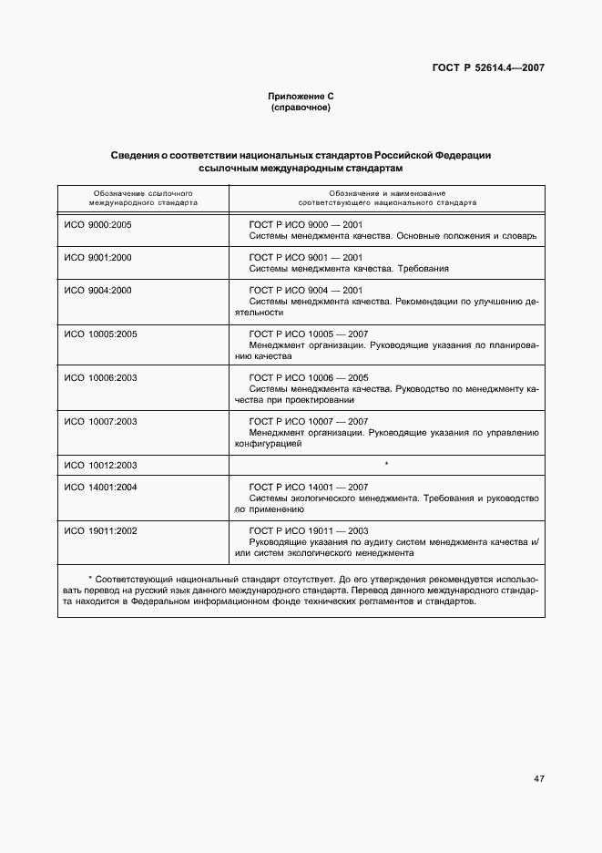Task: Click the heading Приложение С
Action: pos(301,97)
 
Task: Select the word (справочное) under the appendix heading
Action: pos(301,108)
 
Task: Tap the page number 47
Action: pos(538,778)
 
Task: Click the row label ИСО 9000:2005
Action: pos(98,223)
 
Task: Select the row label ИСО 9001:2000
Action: pos(98,257)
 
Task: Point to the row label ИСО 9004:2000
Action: pos(98,290)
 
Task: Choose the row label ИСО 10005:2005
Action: pos(100,334)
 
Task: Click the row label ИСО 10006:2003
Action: pos(100,377)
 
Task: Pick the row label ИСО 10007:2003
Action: pos(100,421)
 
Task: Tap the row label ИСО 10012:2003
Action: pos(100,465)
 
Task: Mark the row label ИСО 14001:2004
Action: pos(100,487)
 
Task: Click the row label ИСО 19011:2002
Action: pos(100,530)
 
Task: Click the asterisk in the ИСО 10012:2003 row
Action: pos(387,465)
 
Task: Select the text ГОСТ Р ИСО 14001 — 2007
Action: pos(307,487)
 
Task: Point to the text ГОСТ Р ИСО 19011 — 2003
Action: pos(307,530)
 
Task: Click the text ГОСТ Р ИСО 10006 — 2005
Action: pos(307,377)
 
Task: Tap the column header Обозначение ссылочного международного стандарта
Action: pos(143,199)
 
